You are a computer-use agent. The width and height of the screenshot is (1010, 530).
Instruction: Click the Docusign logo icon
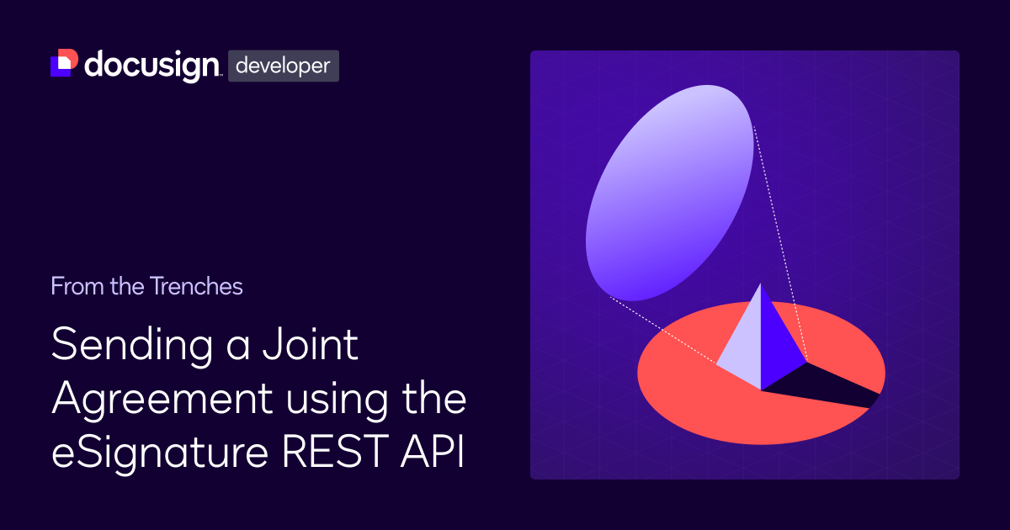point(64,62)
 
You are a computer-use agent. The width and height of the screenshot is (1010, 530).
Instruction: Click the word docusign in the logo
point(152,66)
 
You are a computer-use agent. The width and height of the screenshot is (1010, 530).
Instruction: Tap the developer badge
point(283,66)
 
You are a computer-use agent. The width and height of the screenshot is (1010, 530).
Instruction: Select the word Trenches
point(196,286)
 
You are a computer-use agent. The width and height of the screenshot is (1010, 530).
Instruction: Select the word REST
point(335,451)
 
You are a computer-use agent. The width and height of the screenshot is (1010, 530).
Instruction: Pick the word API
point(433,451)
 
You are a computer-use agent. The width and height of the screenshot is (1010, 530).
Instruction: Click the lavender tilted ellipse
point(669,193)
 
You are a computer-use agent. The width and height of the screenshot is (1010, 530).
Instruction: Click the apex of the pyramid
point(761,284)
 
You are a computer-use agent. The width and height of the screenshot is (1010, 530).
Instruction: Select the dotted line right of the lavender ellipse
point(780,244)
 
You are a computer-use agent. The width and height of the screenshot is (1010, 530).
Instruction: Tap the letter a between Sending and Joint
point(237,348)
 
